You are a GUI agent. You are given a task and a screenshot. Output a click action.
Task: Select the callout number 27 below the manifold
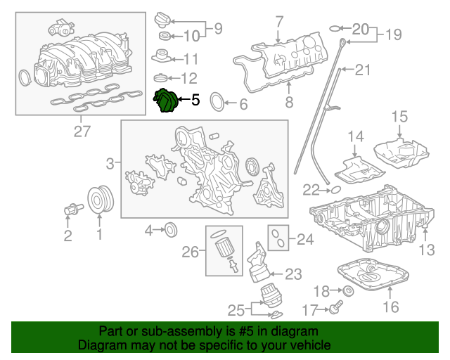click(x=82, y=131)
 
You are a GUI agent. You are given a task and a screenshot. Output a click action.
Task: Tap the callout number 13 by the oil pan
click(x=427, y=249)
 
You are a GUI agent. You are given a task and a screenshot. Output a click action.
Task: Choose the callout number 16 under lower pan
click(x=390, y=307)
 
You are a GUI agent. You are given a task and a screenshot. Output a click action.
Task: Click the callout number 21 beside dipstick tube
click(x=363, y=70)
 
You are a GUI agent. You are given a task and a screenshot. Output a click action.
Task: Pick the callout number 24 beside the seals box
click(x=304, y=240)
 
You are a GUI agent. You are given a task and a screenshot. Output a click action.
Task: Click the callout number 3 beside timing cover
click(x=110, y=165)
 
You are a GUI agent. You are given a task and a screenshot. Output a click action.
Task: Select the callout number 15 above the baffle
click(x=399, y=116)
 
